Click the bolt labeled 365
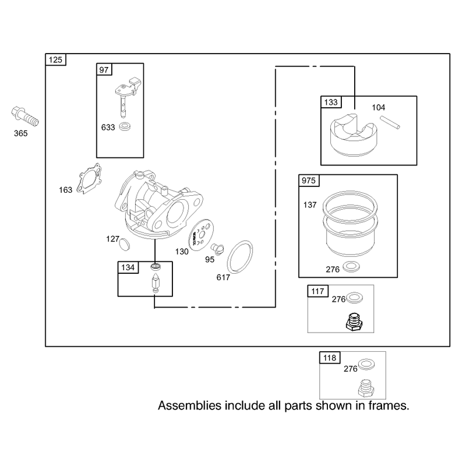25,116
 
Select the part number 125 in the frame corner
55,60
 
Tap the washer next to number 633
125,126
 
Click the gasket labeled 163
89,179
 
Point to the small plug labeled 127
125,244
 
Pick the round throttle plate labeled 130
201,235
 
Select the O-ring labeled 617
240,257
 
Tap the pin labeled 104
390,122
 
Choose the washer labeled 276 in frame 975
351,267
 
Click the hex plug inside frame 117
354,322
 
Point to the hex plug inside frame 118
366,388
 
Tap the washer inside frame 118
366,365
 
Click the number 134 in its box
128,267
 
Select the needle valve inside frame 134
156,284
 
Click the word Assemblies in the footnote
190,405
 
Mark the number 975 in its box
309,181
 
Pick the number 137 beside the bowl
310,205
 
